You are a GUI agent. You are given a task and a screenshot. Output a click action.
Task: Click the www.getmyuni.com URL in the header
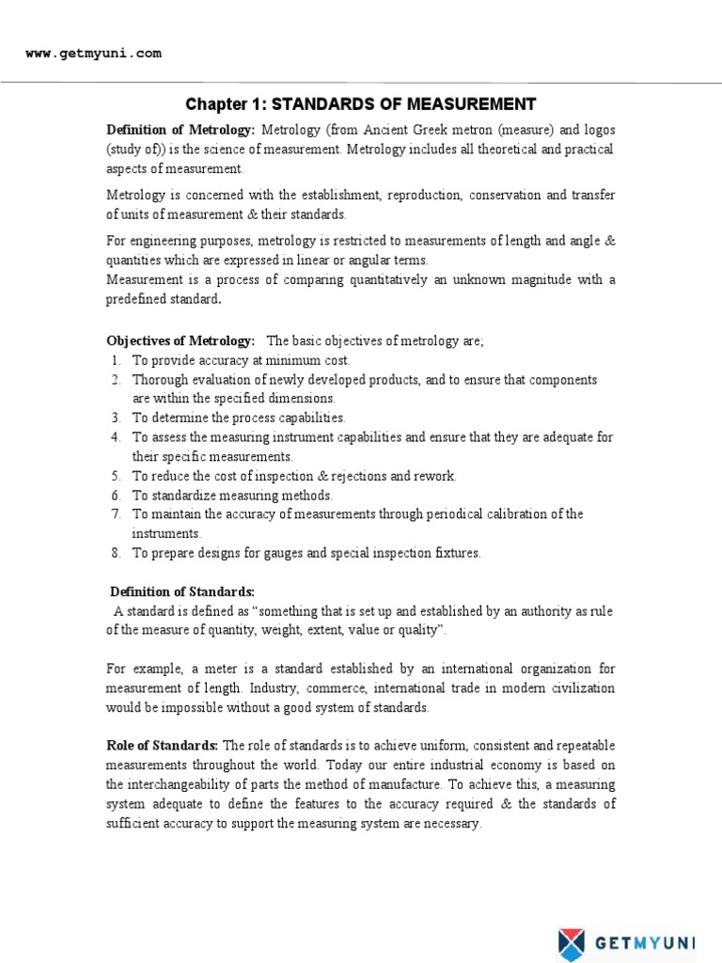coord(93,54)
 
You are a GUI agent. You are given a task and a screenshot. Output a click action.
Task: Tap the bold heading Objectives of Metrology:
coord(180,340)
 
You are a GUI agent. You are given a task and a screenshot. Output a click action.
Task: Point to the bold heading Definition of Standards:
coord(181,592)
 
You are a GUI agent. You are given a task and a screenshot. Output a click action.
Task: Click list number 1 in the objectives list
coord(115,360)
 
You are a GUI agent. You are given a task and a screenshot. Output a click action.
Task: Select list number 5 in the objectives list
coord(115,476)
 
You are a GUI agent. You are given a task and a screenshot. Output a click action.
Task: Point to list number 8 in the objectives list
coord(115,553)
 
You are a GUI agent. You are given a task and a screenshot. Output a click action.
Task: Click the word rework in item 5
coord(434,476)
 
